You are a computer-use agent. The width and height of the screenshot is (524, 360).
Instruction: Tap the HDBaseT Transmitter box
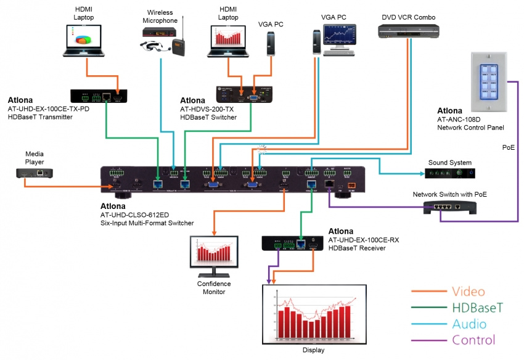pyautogui.click(x=99, y=96)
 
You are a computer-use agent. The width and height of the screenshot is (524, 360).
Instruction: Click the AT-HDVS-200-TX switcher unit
pyautogui.click(x=245, y=94)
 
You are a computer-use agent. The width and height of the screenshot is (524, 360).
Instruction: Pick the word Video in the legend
pyautogui.click(x=468, y=292)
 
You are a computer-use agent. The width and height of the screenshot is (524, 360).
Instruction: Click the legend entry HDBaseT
pyautogui.click(x=478, y=308)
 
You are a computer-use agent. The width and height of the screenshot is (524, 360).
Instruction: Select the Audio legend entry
pyautogui.click(x=469, y=324)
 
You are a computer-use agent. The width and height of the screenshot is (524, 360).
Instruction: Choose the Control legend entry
pyautogui.click(x=473, y=340)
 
